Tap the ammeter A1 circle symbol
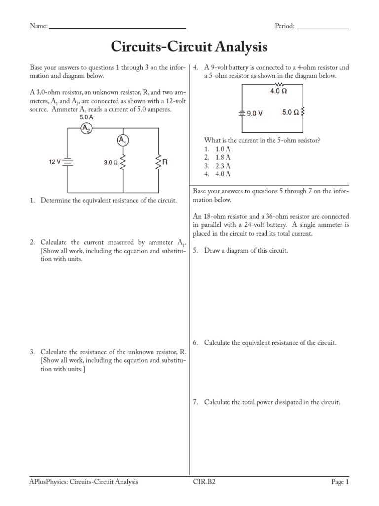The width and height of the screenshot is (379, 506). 122,141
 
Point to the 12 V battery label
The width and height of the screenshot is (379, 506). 54,162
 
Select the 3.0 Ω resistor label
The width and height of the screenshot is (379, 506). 111,162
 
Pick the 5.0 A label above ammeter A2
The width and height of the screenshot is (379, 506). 86,118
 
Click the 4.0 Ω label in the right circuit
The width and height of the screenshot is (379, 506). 278,91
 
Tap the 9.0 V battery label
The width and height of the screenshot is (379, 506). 254,113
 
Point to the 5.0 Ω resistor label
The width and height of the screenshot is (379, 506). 290,112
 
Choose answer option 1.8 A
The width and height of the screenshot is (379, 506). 223,157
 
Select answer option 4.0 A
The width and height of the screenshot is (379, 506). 223,174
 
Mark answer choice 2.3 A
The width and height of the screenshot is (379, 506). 223,166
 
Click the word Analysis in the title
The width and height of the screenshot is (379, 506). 240,47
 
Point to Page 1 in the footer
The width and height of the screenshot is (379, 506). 340,482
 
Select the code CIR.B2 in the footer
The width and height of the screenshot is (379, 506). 203,482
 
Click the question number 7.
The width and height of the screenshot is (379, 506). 195,402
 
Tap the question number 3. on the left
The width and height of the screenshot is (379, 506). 32,352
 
